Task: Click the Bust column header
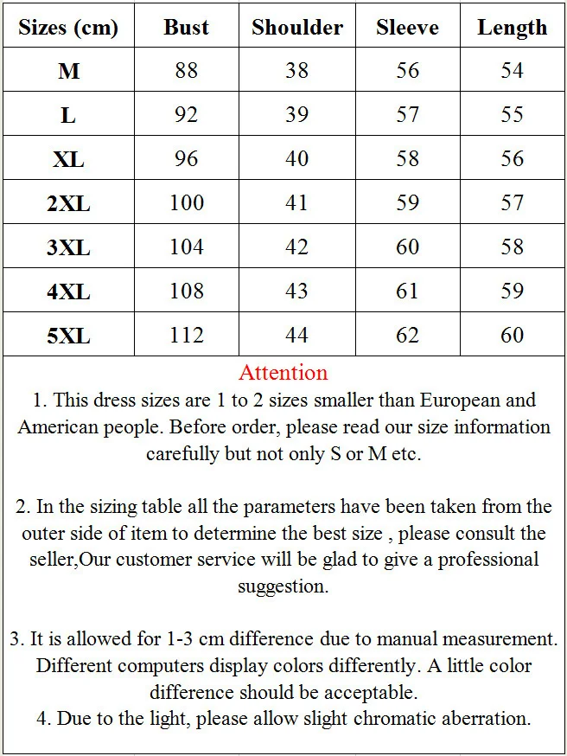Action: (186, 28)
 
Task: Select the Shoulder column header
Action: (296, 28)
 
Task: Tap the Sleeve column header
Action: (407, 28)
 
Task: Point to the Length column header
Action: (512, 28)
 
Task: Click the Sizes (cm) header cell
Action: (68, 28)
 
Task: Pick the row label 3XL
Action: (68, 247)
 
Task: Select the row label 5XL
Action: (68, 336)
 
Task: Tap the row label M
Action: (68, 71)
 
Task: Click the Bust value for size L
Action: (186, 114)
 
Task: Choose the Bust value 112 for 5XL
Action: (186, 335)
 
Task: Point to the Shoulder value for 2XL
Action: (296, 202)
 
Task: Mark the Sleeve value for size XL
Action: (407, 158)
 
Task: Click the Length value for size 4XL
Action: (512, 291)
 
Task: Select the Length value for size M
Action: (512, 70)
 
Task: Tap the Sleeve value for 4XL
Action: (407, 291)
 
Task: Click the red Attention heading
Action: (283, 373)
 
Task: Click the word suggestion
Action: (283, 587)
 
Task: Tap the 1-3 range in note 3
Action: (180, 639)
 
